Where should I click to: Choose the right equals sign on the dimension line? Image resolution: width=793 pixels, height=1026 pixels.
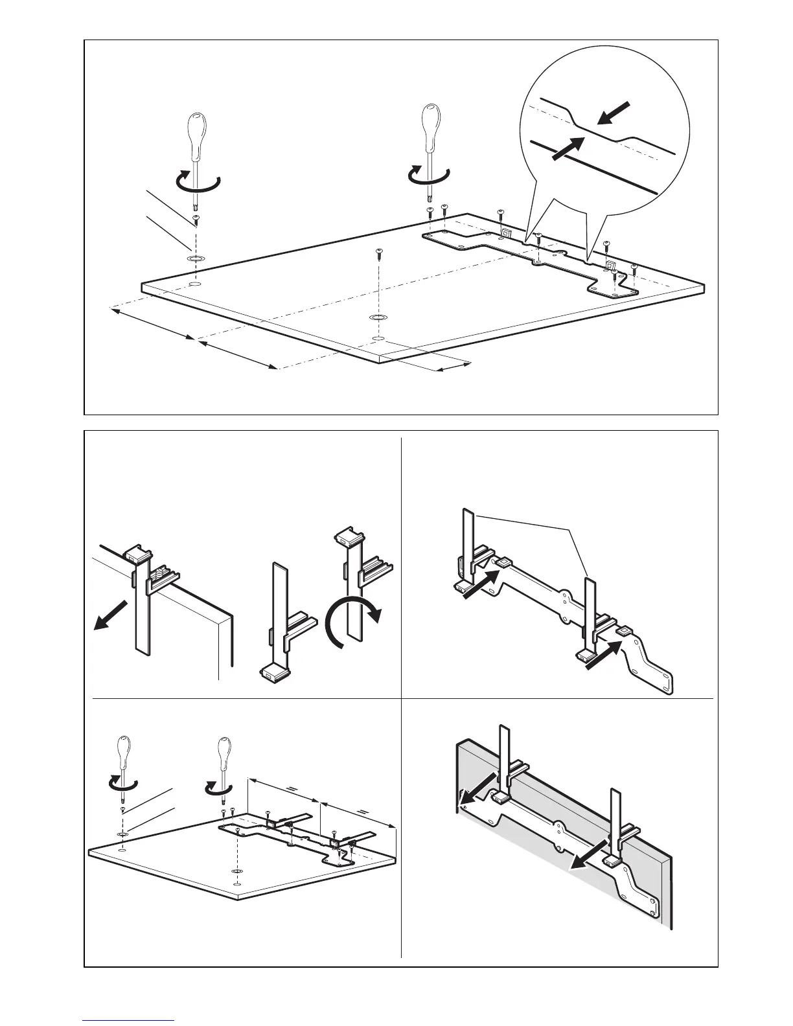363,811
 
